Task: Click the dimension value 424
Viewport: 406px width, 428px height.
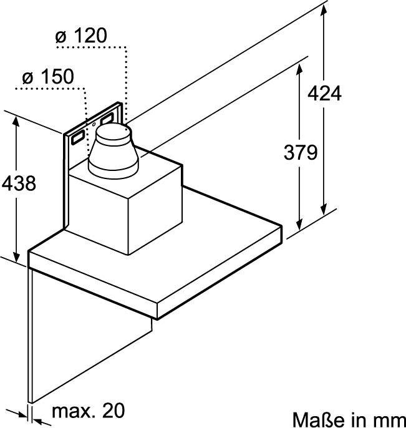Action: [x=324, y=94]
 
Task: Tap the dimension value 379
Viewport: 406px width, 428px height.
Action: [x=301, y=152]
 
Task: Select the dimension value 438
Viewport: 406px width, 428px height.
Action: [x=19, y=183]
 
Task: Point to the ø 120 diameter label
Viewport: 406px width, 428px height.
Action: [x=81, y=36]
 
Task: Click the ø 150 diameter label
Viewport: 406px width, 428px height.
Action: [x=48, y=76]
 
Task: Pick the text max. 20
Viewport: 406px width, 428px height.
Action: [x=88, y=410]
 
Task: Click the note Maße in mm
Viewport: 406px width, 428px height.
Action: [x=349, y=419]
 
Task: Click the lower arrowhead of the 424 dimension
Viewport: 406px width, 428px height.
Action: [x=324, y=208]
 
